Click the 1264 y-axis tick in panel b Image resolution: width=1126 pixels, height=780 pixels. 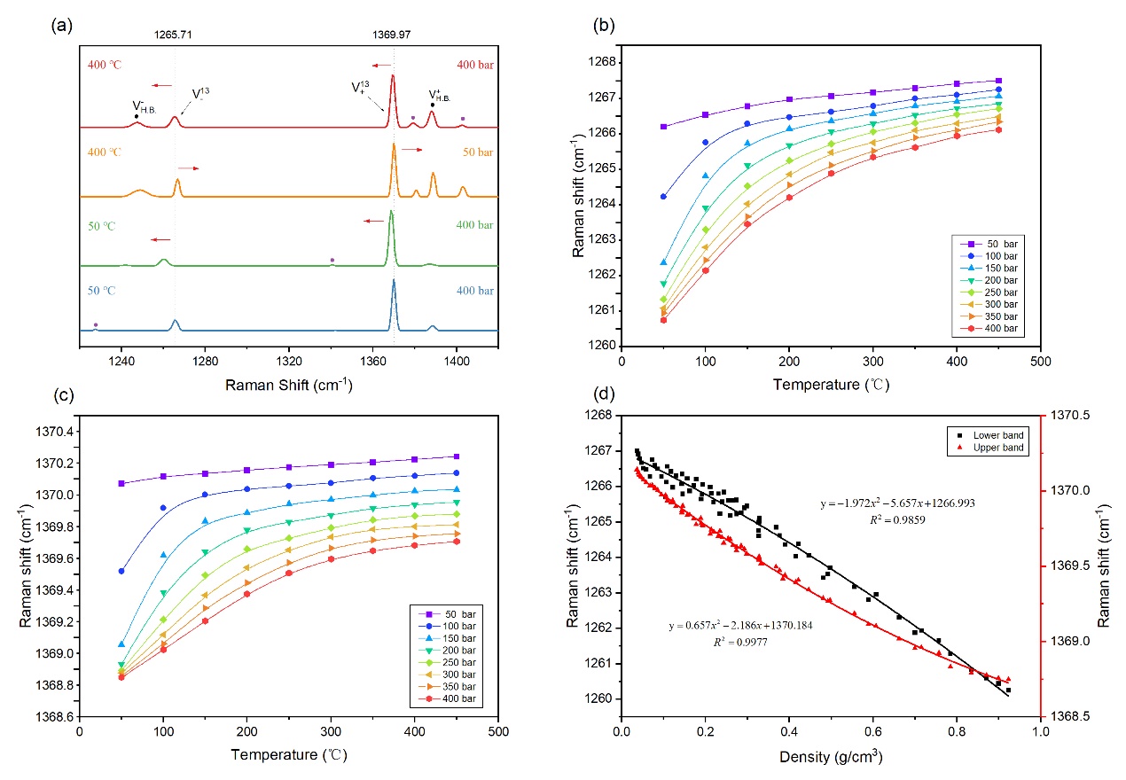click(597, 204)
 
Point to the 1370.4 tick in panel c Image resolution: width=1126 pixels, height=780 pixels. click(56, 432)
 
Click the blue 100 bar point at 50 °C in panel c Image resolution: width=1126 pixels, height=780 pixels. click(121, 571)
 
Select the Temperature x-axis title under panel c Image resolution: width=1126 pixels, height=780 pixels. click(288, 756)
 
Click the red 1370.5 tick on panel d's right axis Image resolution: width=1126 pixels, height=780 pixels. click(1071, 415)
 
